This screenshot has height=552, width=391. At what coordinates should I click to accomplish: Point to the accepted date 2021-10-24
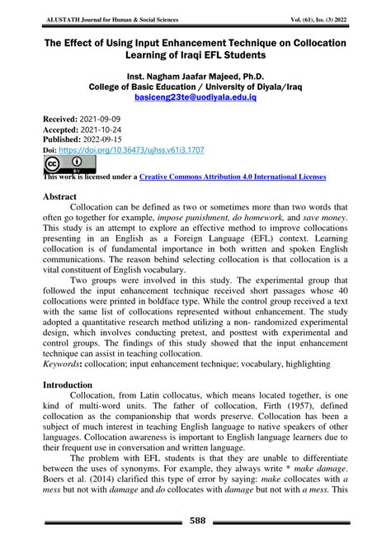(x=106, y=130)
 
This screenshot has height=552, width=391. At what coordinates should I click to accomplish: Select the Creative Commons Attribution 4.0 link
(x=232, y=177)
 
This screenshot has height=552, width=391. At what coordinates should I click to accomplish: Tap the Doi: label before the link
(x=50, y=151)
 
